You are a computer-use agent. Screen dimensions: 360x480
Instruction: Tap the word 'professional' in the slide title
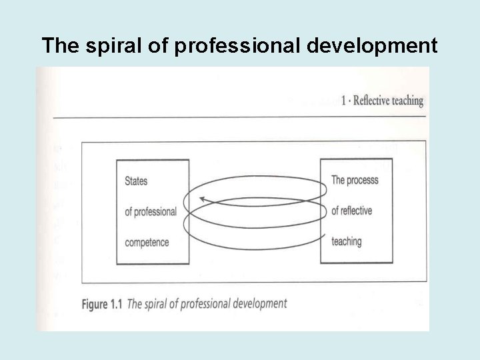[216, 46]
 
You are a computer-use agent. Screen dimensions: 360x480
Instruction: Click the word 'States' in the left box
[136, 181]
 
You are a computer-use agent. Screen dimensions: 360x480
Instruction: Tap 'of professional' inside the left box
[151, 211]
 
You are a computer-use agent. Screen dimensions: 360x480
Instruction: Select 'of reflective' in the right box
[351, 211]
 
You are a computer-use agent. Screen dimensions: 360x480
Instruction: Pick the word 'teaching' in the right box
[346, 241]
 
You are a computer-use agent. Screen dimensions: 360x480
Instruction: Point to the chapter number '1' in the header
[343, 101]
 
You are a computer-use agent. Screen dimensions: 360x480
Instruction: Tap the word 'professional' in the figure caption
[203, 304]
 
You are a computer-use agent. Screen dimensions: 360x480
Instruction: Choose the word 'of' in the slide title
[146, 46]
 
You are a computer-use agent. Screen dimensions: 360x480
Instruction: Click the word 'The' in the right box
[338, 180]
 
